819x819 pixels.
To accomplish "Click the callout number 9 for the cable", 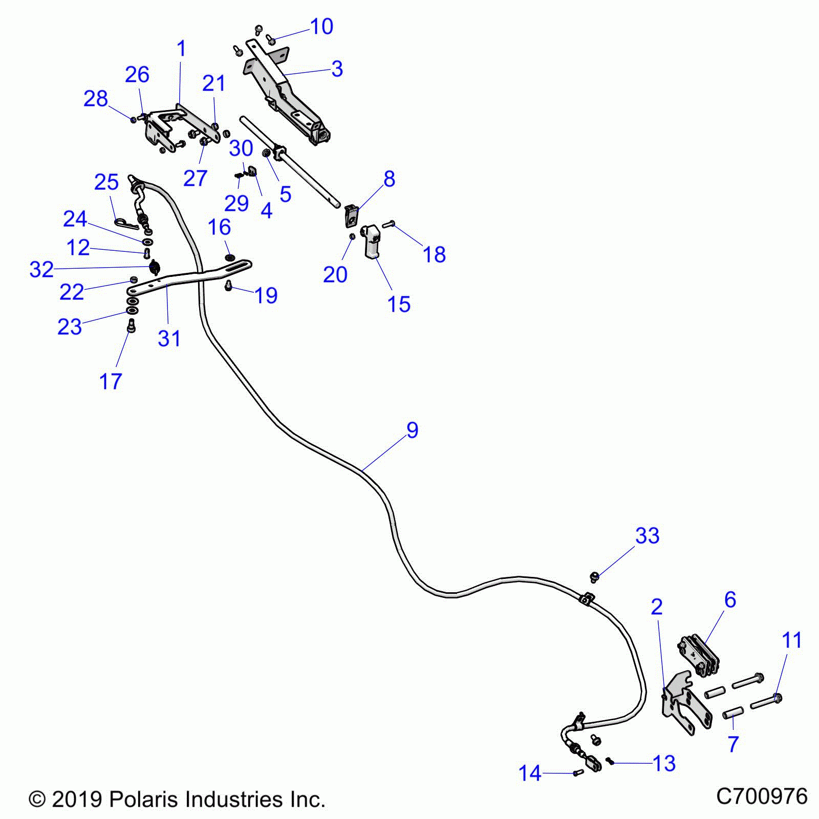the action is tap(412, 430).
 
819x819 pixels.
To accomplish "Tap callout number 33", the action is tap(647, 536).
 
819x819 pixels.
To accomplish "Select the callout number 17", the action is tap(111, 381).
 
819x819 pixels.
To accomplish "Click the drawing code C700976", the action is tap(761, 796).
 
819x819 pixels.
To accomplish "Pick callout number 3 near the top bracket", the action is tap(337, 69).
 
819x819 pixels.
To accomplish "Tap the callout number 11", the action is tap(792, 640).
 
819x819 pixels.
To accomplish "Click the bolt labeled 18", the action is tap(389, 224).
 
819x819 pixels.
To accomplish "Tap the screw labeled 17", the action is tap(132, 326).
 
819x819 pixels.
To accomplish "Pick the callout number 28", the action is tap(96, 99).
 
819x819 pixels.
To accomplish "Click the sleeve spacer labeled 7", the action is tap(733, 713).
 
